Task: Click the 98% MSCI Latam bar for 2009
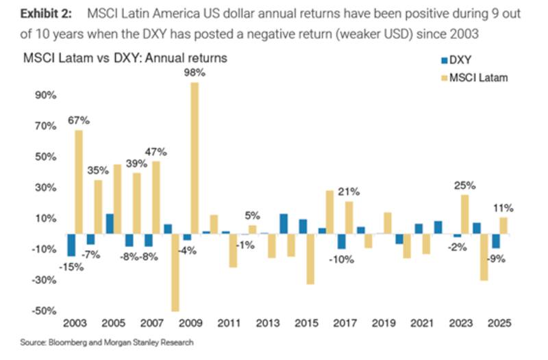point(195,158)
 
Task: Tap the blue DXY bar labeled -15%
point(70,245)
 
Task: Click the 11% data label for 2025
point(504,207)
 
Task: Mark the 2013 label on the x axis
point(269,323)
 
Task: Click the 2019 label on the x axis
point(385,323)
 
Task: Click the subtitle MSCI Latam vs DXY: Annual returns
point(125,59)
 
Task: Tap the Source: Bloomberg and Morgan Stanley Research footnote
point(107,342)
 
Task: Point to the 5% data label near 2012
point(252,216)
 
